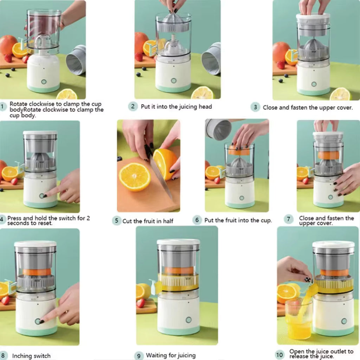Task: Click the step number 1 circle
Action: pos(3,106)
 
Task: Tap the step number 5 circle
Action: pos(117,221)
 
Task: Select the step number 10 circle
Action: pos(279,355)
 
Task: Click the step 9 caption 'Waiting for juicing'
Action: pos(171,355)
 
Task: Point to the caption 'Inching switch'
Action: pos(31,356)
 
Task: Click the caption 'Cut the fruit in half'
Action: pos(148,221)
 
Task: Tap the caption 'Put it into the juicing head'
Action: pos(176,107)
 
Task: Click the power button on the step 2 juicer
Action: pos(173,81)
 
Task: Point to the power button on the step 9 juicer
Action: pos(188,320)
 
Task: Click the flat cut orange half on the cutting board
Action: pos(134,176)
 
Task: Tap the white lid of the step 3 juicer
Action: pos(313,17)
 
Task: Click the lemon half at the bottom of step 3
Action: pos(340,94)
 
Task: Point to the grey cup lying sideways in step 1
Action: pos(76,60)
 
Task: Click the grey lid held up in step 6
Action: pos(218,129)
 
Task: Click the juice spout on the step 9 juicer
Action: pos(154,284)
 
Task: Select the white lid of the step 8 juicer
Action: pos(35,244)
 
